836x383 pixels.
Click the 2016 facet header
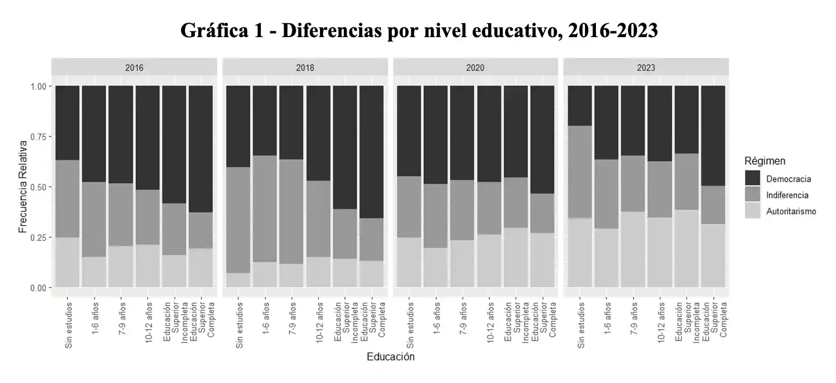[134, 67]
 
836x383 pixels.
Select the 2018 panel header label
[305, 67]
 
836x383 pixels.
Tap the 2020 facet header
[475, 67]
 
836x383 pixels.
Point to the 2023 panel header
[646, 67]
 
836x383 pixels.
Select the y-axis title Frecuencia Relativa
[23, 186]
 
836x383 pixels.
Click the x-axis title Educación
[390, 357]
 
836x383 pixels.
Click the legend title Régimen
[765, 161]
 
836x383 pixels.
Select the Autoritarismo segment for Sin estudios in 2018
[238, 280]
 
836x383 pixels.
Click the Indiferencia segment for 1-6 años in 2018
[265, 208]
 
